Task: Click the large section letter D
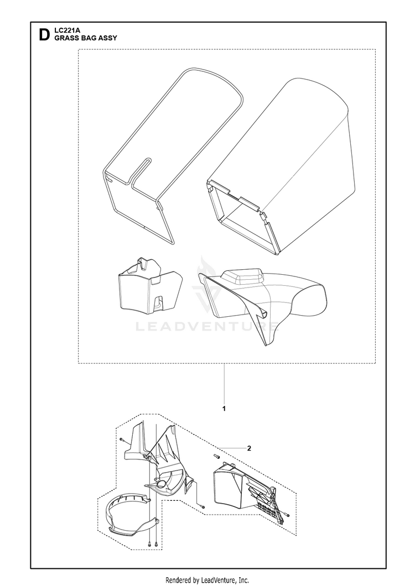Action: pos(44,35)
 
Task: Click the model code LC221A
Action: pos(65,32)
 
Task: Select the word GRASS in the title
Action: pos(65,38)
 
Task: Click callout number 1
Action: pos(224,409)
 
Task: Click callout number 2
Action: pos(249,448)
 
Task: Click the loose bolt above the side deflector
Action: pos(216,456)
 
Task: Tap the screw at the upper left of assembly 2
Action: pos(122,440)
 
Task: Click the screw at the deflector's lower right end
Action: pos(287,516)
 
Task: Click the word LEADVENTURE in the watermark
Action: pos(207,327)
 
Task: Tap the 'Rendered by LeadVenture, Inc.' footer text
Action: pos(207,580)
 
